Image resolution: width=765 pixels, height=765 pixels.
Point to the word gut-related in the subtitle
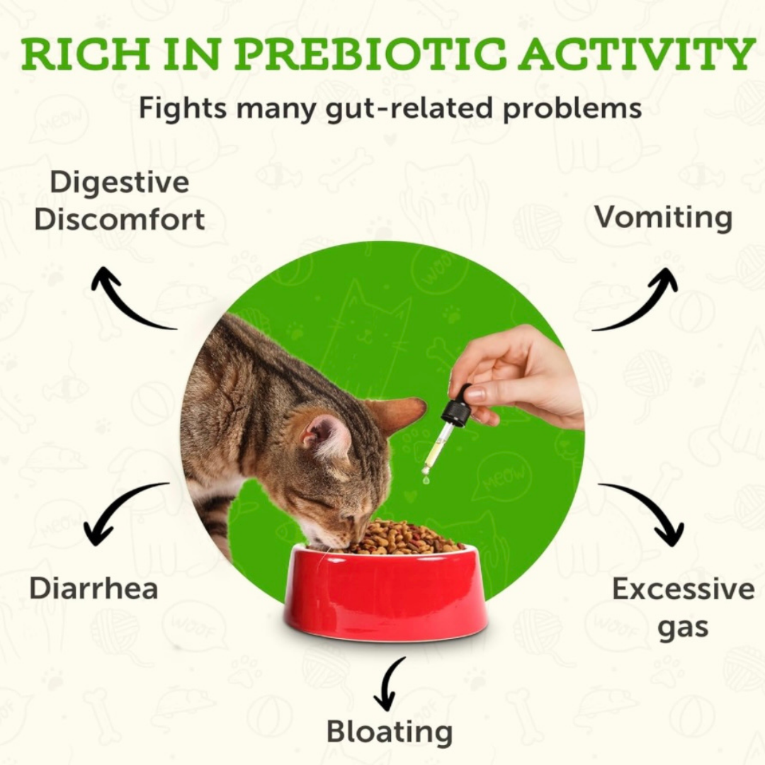click(x=409, y=109)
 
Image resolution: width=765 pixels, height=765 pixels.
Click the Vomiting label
click(x=663, y=217)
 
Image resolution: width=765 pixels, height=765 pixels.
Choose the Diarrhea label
click(x=93, y=589)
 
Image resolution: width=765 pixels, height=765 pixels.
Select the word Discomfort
click(x=119, y=220)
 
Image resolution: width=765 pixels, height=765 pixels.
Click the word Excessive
click(x=683, y=589)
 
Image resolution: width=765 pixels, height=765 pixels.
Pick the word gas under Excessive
click(x=683, y=628)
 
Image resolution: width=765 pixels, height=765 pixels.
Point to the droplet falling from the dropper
click(x=426, y=480)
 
